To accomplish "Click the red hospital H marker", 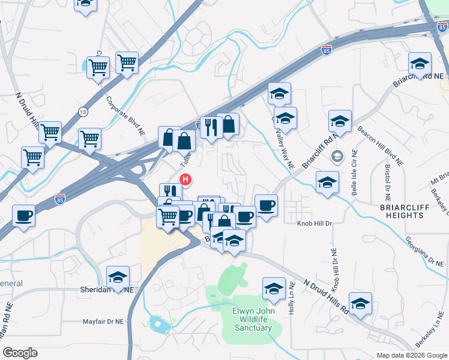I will click(186, 179).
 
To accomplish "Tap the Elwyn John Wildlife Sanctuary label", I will click(254, 319).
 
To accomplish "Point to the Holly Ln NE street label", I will click(291, 299).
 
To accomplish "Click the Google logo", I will click(20, 353).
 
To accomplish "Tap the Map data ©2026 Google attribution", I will click(411, 355).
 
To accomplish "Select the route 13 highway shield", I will click(83, 112).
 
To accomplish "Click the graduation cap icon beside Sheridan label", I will click(118, 277).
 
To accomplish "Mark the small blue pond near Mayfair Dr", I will click(160, 325).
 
